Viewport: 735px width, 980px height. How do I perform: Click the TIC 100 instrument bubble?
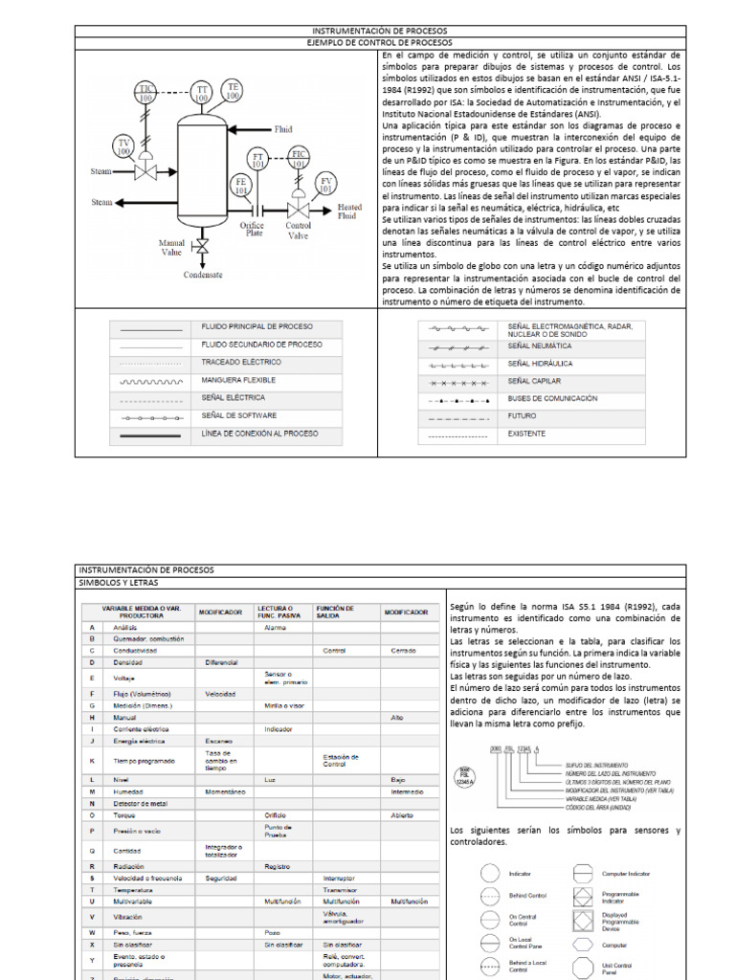coord(145,93)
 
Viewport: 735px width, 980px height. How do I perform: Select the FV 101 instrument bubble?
coord(327,184)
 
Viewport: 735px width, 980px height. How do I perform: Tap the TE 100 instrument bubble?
coord(233,90)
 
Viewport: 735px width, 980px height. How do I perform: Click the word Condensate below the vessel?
coord(203,274)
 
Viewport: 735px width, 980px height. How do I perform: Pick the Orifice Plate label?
coord(253,227)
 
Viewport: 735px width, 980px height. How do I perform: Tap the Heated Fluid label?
coord(349,211)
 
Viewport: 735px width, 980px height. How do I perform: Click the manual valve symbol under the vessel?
coord(202,247)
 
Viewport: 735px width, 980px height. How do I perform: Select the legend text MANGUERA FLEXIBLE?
coord(238,380)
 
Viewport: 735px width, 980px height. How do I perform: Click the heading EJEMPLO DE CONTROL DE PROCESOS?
coord(380,43)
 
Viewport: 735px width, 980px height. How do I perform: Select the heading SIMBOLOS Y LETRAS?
coord(120,582)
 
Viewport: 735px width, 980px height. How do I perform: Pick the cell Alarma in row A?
coord(276,627)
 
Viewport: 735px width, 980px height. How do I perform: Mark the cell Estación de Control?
coord(342,761)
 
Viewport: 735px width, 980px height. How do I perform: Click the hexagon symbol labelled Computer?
coord(581,944)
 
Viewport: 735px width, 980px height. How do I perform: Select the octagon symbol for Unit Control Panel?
coord(581,968)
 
